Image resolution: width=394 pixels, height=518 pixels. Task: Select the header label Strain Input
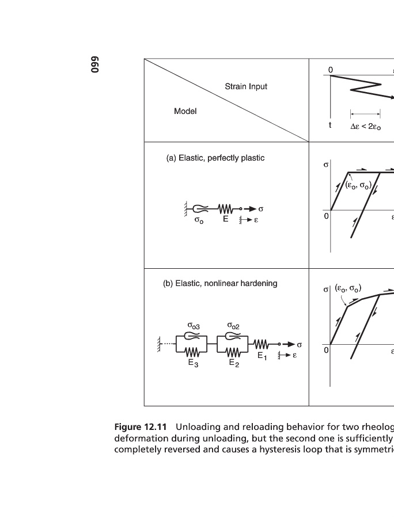[246, 87]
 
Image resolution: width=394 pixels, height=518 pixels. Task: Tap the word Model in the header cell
[185, 111]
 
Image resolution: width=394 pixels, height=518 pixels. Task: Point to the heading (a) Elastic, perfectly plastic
[215, 158]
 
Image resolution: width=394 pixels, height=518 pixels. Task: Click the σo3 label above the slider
[194, 326]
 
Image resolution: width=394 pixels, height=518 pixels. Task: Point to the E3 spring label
[193, 363]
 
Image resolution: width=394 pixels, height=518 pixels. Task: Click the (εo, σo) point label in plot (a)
[358, 185]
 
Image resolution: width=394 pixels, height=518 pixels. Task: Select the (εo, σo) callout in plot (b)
[348, 288]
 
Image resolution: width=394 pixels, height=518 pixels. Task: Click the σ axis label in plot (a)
[326, 165]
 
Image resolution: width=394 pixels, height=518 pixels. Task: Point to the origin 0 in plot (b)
[326, 349]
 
